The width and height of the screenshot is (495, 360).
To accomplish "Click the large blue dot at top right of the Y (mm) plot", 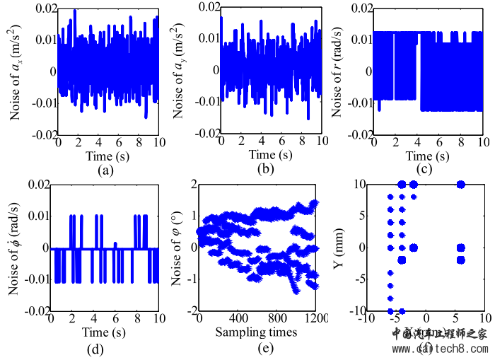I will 460,185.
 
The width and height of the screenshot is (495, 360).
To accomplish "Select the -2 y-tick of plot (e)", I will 190,311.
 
